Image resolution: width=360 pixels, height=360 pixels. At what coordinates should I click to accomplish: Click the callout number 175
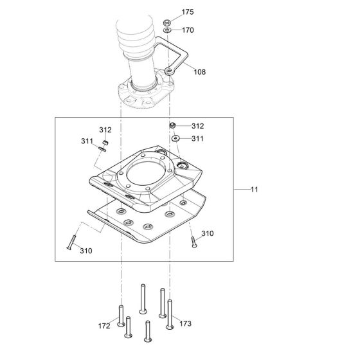coord(187,12)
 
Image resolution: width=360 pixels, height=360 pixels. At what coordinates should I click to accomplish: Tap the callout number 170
coord(187,30)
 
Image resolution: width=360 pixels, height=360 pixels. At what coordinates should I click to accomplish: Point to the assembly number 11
coord(255,190)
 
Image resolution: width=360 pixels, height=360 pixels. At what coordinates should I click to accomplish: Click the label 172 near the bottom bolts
coord(105,327)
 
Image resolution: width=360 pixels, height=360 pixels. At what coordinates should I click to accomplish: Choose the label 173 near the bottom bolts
coord(186,323)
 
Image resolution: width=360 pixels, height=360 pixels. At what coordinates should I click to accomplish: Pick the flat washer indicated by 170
coord(167,30)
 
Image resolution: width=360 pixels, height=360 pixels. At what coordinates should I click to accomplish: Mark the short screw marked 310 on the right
coord(192,242)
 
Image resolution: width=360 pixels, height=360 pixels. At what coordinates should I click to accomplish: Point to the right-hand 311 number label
coord(197,138)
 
